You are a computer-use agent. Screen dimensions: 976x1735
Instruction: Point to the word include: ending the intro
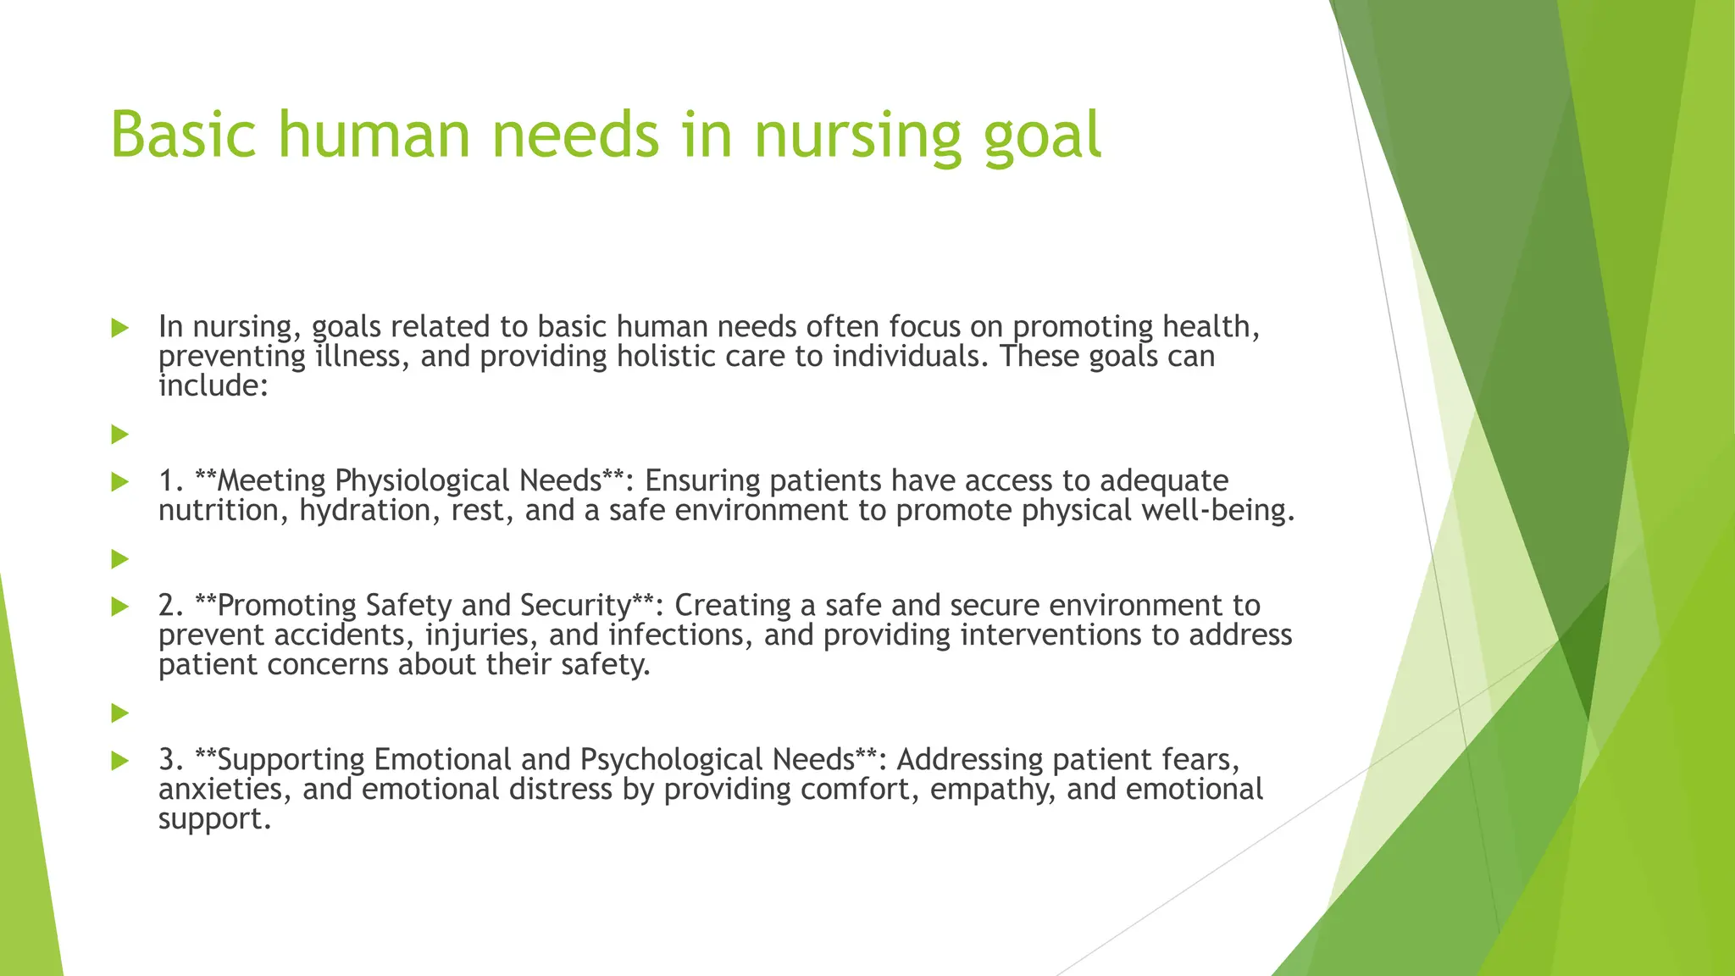coord(213,385)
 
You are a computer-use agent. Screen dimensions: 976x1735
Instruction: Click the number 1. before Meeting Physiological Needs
coord(172,480)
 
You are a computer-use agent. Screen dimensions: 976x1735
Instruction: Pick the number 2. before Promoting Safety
coord(172,605)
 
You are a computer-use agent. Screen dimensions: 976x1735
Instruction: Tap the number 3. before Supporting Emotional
coord(172,759)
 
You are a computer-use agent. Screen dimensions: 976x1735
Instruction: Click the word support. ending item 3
coord(214,819)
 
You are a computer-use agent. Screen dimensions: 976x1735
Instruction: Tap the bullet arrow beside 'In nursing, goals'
coord(119,328)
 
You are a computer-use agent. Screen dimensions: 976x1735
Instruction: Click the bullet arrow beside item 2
coord(119,607)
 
